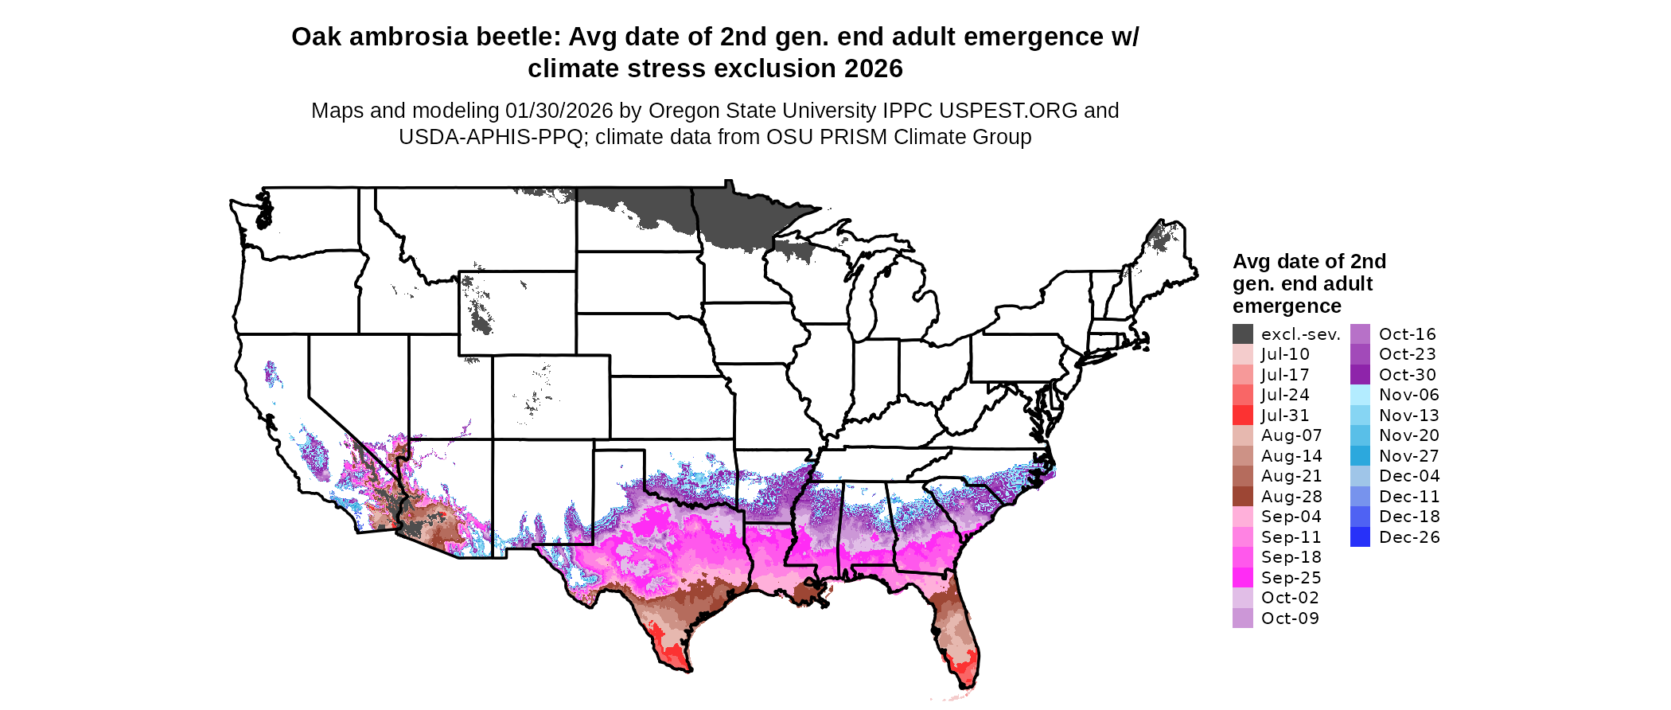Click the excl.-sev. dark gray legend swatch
click(1242, 334)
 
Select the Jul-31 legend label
click(1285, 415)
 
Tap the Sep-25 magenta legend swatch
click(1242, 578)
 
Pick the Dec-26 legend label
click(1409, 537)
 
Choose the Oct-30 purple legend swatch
click(1360, 375)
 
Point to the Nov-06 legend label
click(1409, 395)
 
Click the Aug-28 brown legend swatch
click(1242, 497)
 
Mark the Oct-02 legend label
click(1290, 598)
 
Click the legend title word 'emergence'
click(1287, 306)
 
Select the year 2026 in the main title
click(874, 69)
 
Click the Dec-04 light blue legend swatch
click(1360, 476)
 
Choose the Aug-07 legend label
click(1291, 435)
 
